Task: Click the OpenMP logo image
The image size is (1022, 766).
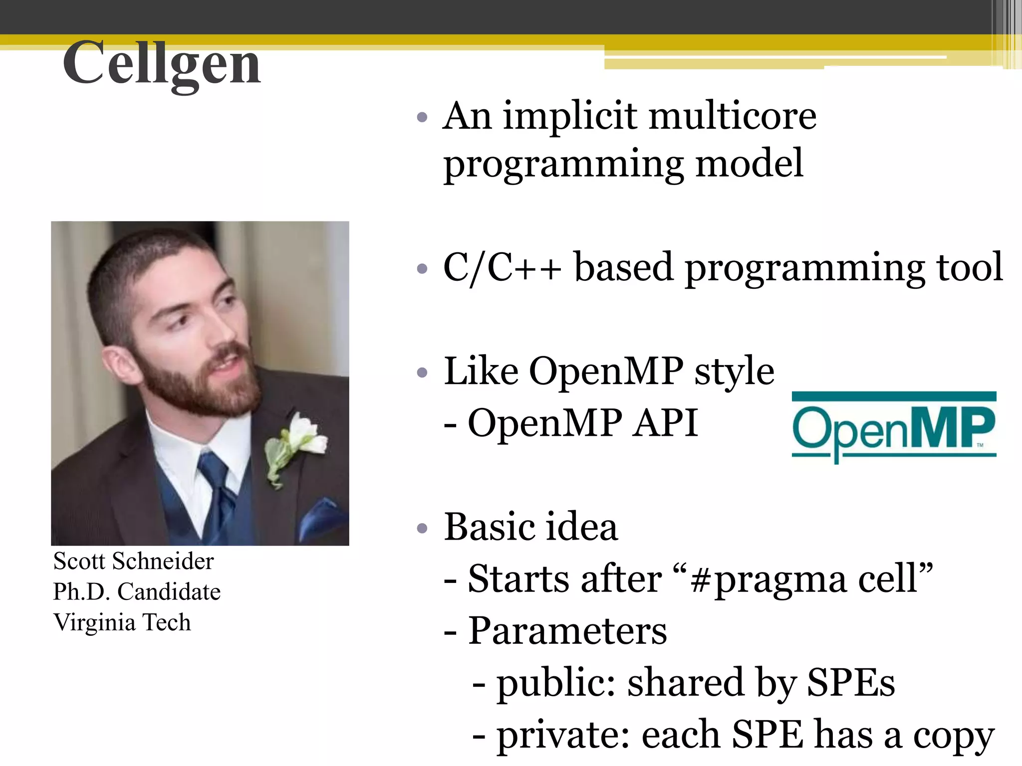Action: (894, 427)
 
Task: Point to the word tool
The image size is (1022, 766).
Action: (970, 267)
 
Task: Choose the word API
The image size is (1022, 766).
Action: (665, 423)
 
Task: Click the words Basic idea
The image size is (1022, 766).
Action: (531, 527)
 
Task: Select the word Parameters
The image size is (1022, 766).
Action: (567, 631)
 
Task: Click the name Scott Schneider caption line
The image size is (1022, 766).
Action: (133, 561)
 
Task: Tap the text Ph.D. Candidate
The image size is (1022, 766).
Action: (137, 592)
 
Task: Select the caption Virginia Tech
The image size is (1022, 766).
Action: (122, 622)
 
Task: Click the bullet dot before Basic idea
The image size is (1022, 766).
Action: (422, 528)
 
